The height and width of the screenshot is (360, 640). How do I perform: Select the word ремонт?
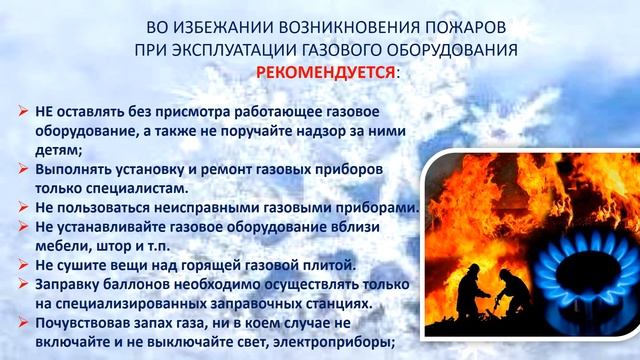click(x=244, y=168)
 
